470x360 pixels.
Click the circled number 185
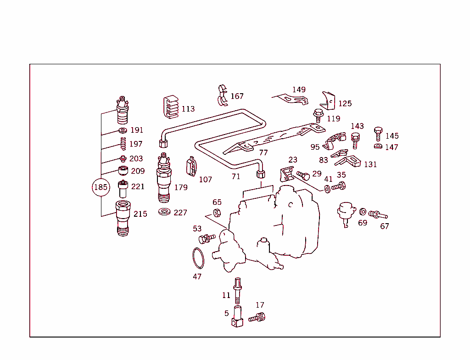(x=101, y=187)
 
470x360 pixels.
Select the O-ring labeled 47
(x=198, y=258)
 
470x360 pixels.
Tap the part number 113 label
(x=188, y=109)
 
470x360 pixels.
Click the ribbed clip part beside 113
(x=171, y=108)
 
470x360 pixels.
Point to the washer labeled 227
(x=164, y=212)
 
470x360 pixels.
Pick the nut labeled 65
(x=217, y=212)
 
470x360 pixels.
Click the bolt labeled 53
(x=206, y=238)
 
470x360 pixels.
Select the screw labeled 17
(x=257, y=317)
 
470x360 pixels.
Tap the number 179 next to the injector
(x=181, y=187)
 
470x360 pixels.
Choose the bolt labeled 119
(x=318, y=115)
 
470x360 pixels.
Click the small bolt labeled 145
(x=378, y=133)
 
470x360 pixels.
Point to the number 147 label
(x=392, y=147)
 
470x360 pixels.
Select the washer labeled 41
(x=327, y=189)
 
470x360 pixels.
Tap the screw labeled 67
(x=378, y=214)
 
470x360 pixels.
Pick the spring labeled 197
(x=123, y=144)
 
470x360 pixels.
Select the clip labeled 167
(x=223, y=95)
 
